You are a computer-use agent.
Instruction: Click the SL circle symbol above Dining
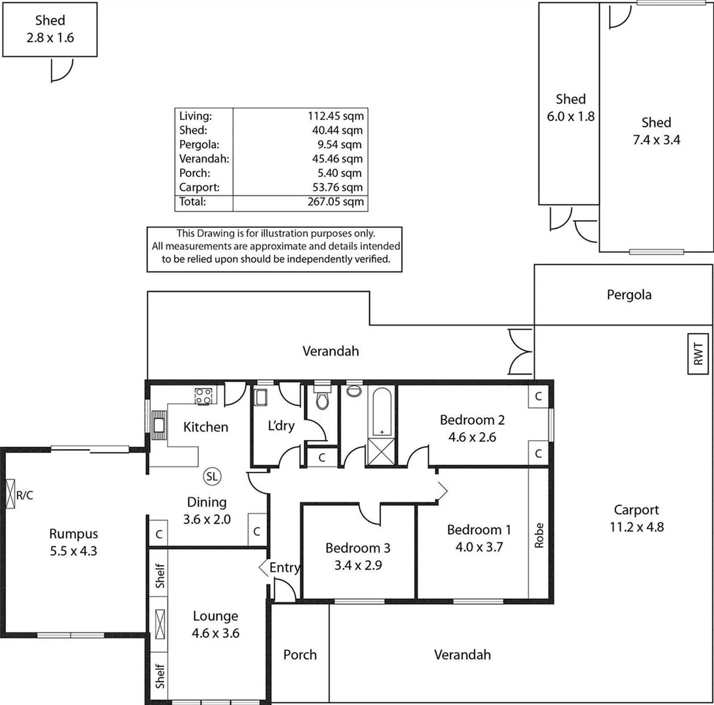click(x=212, y=477)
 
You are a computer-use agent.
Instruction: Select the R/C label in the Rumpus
click(x=25, y=495)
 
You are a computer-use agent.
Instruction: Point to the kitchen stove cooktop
click(x=203, y=395)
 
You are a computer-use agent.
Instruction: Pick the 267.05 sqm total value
click(x=336, y=202)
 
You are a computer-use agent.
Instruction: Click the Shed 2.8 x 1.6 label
click(x=50, y=29)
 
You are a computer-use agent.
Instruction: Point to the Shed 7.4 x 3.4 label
click(x=656, y=131)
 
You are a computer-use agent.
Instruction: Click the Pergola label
click(x=629, y=294)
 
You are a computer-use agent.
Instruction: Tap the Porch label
click(x=300, y=654)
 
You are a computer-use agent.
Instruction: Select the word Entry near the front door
click(x=284, y=568)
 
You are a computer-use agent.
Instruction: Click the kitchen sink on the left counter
click(x=158, y=425)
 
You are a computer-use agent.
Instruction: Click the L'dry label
click(x=282, y=426)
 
